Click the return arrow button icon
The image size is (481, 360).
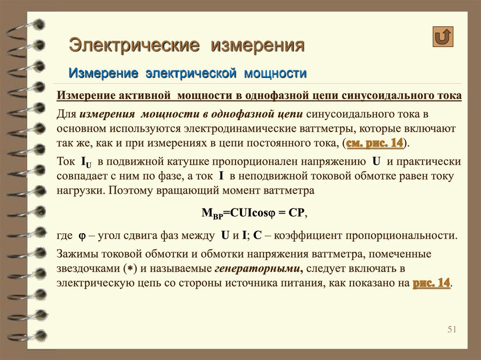pos(442,37)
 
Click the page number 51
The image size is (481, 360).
pos(452,329)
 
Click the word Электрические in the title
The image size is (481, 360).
pos(134,45)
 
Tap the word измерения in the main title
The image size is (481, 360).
pos(258,45)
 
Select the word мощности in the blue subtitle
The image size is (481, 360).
pos(275,73)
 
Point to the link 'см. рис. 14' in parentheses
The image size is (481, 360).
pos(374,143)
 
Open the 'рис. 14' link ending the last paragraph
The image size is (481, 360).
pos(431,283)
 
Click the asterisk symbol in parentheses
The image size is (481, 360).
pos(130,269)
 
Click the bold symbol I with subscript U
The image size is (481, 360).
pos(86,162)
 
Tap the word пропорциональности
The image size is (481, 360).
pos(402,236)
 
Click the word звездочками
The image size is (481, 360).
pos(88,268)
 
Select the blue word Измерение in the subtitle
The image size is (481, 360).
pos(103,73)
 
